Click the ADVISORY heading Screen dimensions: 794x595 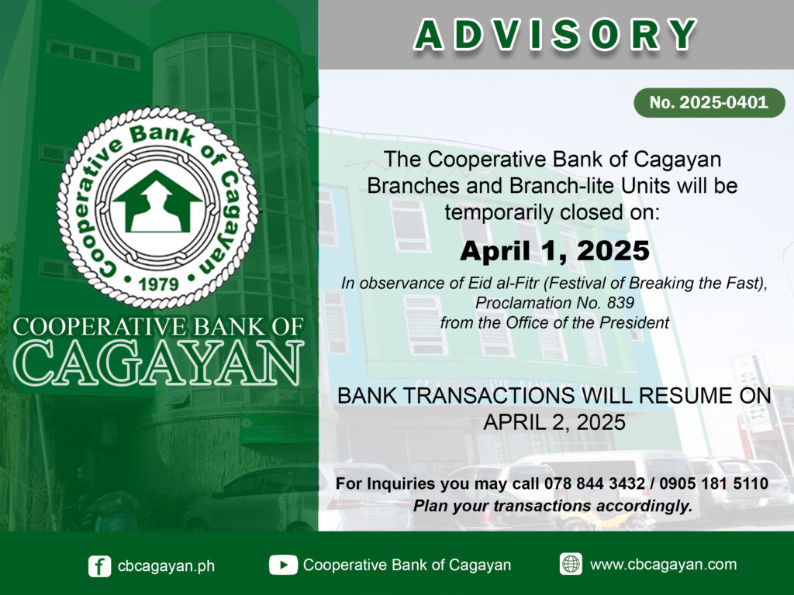point(555,35)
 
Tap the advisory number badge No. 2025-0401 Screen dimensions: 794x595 point(709,103)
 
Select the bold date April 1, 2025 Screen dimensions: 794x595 point(554,251)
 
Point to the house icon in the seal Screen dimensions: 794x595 point(157,201)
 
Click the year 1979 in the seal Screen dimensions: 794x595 point(159,284)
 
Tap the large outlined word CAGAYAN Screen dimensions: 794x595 point(158,363)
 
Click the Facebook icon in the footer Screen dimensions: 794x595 point(99,566)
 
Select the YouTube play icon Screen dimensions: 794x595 point(283,565)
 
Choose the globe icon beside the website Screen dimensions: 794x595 point(571,564)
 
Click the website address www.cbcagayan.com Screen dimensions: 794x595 point(664,565)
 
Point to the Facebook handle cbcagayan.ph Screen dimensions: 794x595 point(166,566)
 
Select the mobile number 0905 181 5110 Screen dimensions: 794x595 point(714,483)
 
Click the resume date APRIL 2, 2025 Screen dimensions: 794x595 point(554,422)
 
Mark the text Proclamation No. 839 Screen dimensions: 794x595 point(554,303)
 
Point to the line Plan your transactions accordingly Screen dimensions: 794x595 point(553,506)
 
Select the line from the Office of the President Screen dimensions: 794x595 point(554,323)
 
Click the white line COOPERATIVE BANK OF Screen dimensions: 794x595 point(158,327)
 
